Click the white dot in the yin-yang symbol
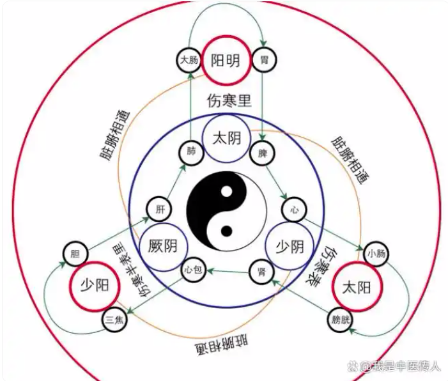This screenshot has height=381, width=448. click(227, 192)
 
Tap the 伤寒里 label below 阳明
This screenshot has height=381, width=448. click(229, 100)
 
